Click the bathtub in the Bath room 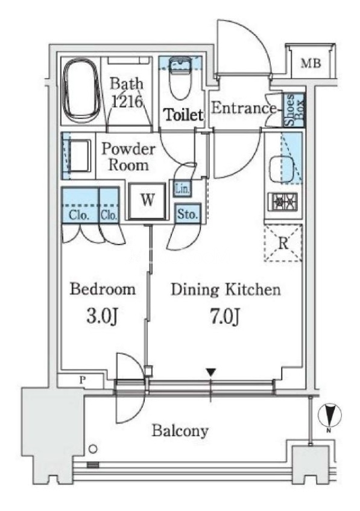[x=81, y=90]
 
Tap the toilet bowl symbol [x=180, y=78]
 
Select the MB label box [x=311, y=63]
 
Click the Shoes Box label [x=294, y=110]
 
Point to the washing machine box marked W [x=148, y=200]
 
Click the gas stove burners [x=282, y=202]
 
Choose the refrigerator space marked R [x=283, y=243]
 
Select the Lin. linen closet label [x=182, y=189]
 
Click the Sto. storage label [x=188, y=214]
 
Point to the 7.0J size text [x=225, y=316]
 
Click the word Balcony [x=180, y=431]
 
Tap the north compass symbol [x=330, y=416]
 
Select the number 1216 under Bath [x=127, y=101]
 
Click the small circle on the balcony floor [x=93, y=449]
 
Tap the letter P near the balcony [x=83, y=379]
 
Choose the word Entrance [x=244, y=108]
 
